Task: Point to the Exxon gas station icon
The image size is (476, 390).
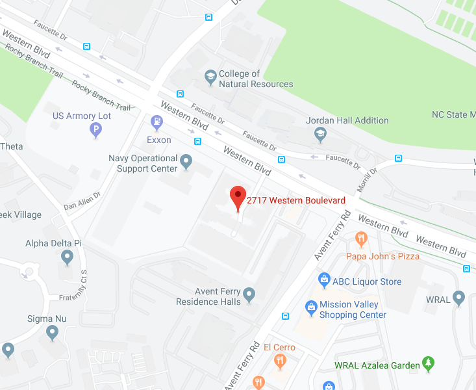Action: pos(157,122)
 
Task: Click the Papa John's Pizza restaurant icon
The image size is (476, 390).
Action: pos(362,240)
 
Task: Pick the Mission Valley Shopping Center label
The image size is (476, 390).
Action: pos(353,309)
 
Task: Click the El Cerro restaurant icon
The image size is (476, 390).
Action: pos(280,361)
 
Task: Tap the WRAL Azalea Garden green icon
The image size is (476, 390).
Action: pos(427,364)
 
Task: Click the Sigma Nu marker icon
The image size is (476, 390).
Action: pos(53,333)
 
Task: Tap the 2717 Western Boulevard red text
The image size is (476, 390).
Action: pos(295,200)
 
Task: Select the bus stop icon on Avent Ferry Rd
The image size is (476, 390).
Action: pos(286,316)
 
